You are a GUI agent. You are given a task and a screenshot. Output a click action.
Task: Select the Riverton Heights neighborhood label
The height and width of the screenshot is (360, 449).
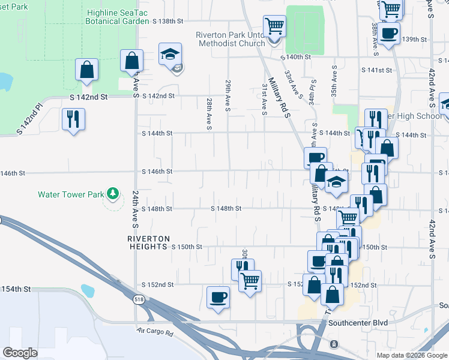[148, 242]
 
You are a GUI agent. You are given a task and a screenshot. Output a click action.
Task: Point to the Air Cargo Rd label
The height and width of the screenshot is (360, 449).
[155, 331]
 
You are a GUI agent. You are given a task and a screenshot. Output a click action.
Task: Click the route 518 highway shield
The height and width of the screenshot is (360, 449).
[139, 300]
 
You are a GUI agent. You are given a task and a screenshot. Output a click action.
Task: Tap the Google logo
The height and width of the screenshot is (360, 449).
[20, 353]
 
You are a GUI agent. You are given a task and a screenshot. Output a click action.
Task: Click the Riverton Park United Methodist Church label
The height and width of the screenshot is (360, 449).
[231, 39]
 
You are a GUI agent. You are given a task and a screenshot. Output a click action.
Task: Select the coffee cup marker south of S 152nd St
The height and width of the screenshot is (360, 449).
[218, 297]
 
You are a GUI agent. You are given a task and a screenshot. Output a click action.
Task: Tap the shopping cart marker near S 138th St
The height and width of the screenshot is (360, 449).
[274, 26]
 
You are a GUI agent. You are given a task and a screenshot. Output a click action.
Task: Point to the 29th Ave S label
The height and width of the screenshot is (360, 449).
[228, 95]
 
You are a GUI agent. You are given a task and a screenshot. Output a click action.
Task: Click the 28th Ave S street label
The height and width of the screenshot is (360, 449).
[209, 114]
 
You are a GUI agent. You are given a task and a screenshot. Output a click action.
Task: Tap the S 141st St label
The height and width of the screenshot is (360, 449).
[376, 70]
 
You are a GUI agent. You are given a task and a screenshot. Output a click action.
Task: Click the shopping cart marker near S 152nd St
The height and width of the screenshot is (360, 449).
[250, 281]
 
